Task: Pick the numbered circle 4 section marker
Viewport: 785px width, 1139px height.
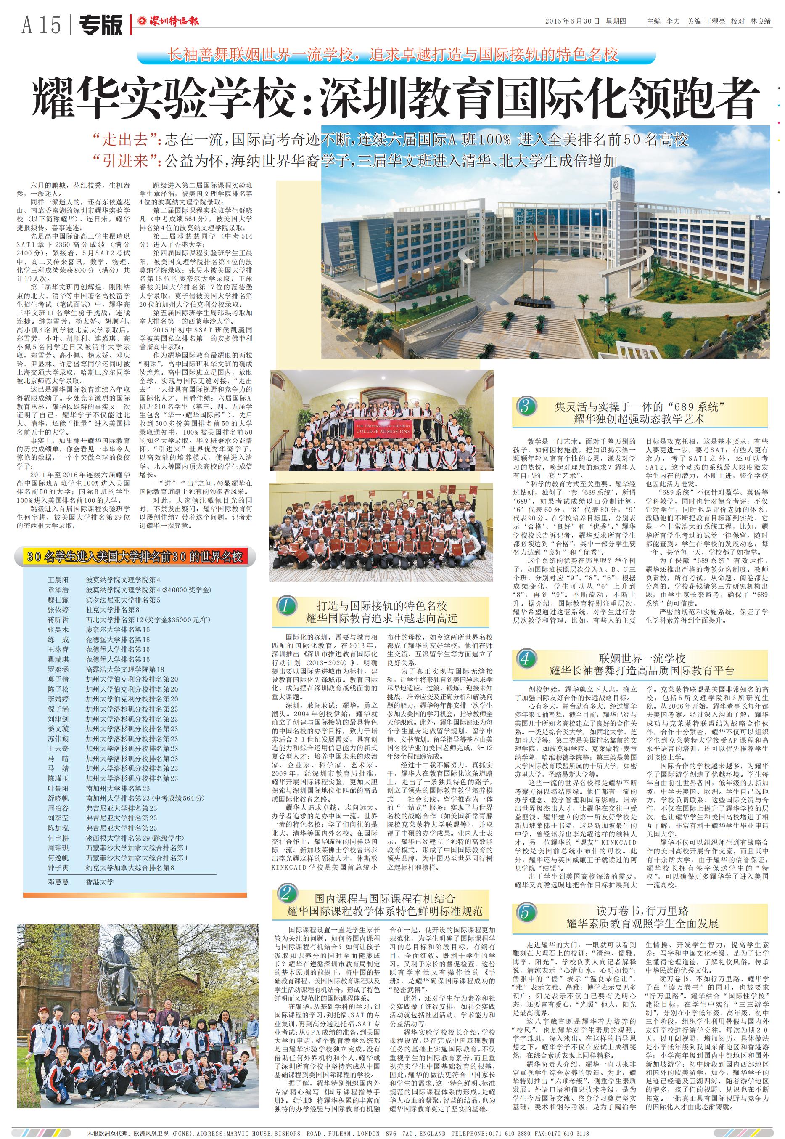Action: coord(525,658)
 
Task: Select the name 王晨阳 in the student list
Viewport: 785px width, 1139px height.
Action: coord(58,580)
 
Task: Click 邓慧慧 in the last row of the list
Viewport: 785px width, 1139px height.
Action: coord(58,881)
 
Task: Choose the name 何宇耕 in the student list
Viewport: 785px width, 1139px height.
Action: coord(58,838)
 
